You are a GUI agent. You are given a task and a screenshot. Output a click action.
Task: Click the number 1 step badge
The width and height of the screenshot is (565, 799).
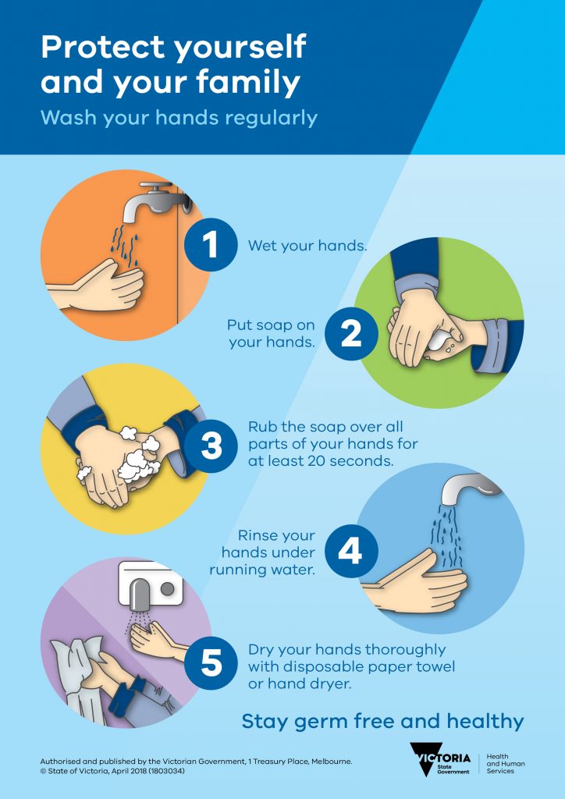(211, 244)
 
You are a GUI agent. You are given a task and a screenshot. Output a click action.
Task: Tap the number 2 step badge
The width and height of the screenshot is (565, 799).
(351, 334)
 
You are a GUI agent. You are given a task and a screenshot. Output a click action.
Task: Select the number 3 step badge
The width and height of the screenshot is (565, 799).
(211, 446)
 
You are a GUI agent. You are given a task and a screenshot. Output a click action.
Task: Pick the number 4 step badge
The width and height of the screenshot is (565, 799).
(351, 552)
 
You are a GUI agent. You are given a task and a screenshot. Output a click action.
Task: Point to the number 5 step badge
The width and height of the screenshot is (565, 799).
(211, 663)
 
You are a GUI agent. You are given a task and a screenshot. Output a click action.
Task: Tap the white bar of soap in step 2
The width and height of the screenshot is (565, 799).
(442, 343)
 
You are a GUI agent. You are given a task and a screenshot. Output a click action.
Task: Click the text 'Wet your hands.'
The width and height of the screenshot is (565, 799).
(307, 246)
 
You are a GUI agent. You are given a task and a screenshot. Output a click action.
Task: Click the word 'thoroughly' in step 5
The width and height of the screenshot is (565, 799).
(406, 650)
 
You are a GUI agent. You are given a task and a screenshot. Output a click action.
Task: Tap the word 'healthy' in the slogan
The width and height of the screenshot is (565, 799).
(485, 722)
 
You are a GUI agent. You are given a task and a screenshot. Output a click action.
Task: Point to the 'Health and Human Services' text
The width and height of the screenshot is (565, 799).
(506, 764)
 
